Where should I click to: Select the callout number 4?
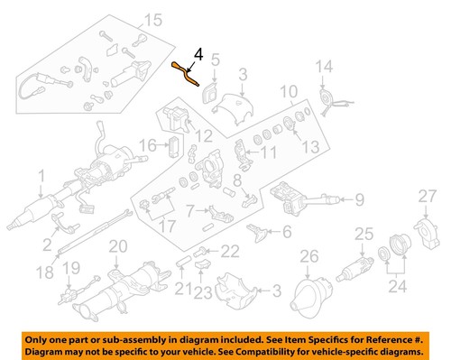198,55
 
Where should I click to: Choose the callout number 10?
287,92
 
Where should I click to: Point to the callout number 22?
230,250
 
